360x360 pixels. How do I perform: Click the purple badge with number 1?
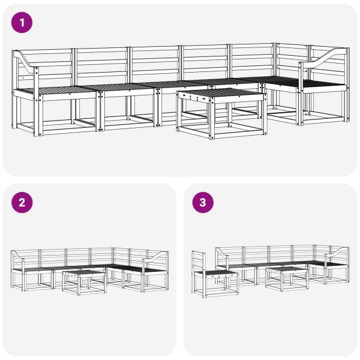pyautogui.click(x=22, y=23)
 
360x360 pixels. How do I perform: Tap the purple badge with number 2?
pyautogui.click(x=22, y=203)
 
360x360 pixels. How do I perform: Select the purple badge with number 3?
pyautogui.click(x=202, y=203)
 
